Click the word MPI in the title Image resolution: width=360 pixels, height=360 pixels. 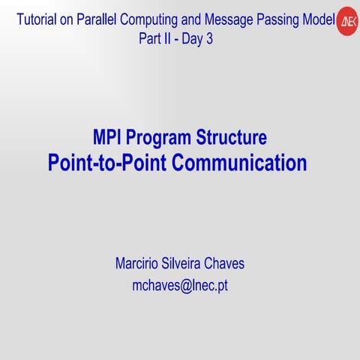108,138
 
